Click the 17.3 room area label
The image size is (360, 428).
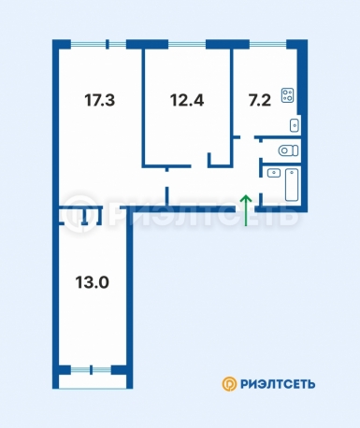pos(100,101)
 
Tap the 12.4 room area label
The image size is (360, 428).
pos(187,101)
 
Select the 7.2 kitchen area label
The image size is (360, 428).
pos(260,101)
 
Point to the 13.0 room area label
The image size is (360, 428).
pos(92,283)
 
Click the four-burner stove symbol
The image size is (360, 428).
pos(287,95)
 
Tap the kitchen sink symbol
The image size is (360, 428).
pos(295,125)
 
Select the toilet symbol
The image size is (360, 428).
pos(288,150)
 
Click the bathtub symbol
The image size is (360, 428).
pos(292,185)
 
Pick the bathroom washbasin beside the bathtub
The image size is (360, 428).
pos(274,173)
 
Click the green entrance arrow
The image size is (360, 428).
pos(246,210)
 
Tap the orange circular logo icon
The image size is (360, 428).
pos(229,384)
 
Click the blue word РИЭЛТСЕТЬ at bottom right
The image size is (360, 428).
pos(278,384)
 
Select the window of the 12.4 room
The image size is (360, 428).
pos(187,45)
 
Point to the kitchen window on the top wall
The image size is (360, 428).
pos(268,45)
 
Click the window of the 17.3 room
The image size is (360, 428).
pos(98,45)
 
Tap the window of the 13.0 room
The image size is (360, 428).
pos(91,370)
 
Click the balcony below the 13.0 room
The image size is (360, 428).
pos(93,381)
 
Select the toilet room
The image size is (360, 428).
pos(281,150)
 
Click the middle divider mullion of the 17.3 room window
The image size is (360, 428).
pos(108,45)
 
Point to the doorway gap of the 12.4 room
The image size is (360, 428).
pos(199,166)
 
